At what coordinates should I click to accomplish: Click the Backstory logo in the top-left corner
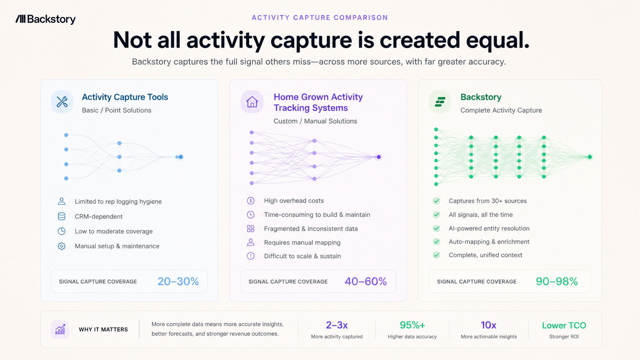[46, 19]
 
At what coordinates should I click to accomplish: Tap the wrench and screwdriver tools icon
[62, 102]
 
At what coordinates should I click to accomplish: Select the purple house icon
[252, 102]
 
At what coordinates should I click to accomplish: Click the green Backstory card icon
[440, 102]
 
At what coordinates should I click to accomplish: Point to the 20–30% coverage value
[178, 282]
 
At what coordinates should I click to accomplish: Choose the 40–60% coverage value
[366, 282]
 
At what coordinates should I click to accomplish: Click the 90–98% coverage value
[557, 282]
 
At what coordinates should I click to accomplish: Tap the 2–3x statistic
[336, 325]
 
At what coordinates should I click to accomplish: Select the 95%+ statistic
[412, 325]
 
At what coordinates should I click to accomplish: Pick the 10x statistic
[488, 325]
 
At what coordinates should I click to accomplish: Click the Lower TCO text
[564, 326]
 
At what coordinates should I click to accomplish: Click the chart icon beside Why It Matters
[60, 329]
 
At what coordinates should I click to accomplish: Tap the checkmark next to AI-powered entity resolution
[436, 228]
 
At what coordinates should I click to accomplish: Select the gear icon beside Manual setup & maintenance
[61, 246]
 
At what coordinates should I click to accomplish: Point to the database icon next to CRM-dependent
[61, 217]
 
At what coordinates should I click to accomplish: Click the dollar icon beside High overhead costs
[251, 201]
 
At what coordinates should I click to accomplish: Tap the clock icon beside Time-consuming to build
[251, 215]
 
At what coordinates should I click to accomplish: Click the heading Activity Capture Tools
[125, 97]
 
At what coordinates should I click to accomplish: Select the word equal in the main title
[498, 40]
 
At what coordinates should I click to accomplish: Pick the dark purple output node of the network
[379, 157]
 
